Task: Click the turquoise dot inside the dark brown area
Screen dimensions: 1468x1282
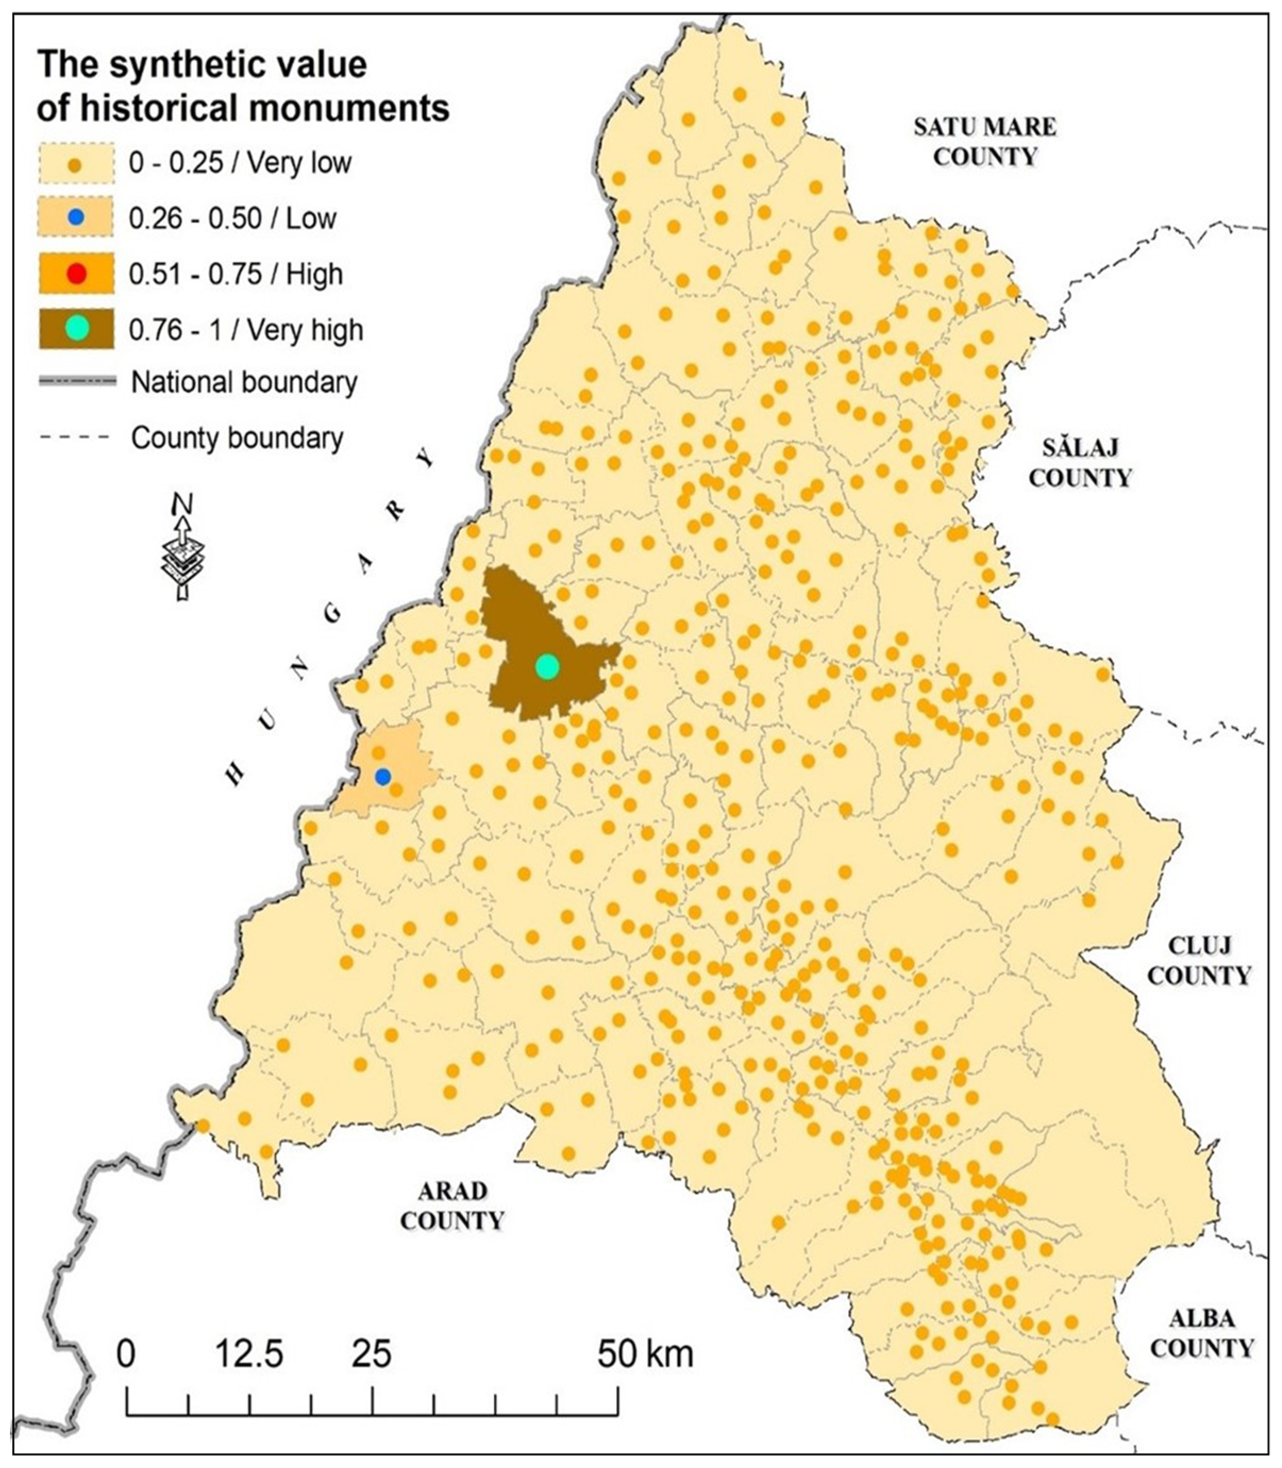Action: coord(547,667)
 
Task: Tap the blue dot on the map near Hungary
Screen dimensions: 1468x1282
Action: coord(383,777)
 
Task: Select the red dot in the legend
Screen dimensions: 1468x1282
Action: coord(76,274)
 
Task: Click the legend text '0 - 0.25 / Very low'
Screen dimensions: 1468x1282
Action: coord(240,163)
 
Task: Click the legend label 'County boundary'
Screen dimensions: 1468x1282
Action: coord(237,438)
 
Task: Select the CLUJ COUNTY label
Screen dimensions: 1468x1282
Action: coord(1200,961)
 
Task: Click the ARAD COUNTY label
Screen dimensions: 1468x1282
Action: coord(452,1206)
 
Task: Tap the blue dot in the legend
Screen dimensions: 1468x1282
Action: coord(76,218)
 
